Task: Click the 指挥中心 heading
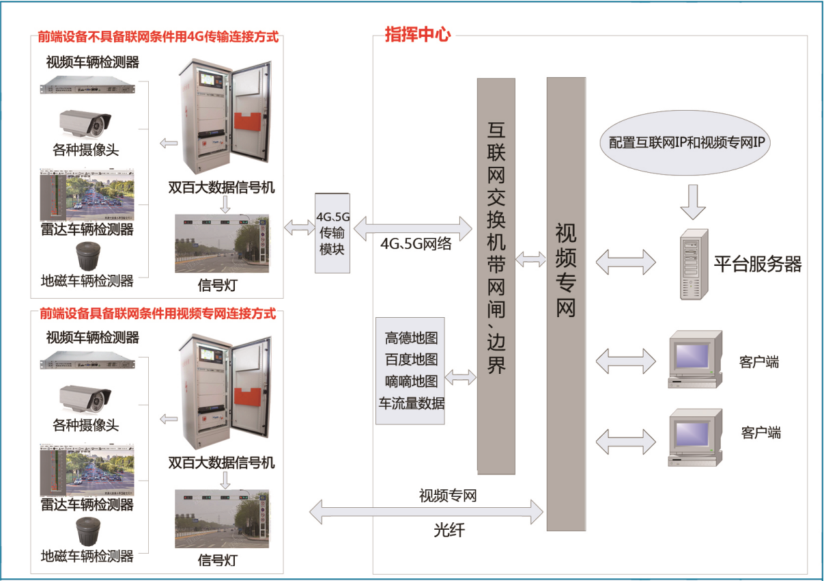pos(418,35)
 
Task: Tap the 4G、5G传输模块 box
pos(332,233)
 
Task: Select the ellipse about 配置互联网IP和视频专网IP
pos(690,143)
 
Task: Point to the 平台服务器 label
pos(758,264)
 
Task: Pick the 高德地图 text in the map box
pos(411,338)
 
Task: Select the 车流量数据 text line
pos(411,403)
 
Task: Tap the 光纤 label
pos(449,530)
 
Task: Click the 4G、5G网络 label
pos(416,243)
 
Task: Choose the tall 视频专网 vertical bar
pos(566,303)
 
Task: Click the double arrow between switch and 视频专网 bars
pos(530,259)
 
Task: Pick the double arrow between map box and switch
pos(461,376)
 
